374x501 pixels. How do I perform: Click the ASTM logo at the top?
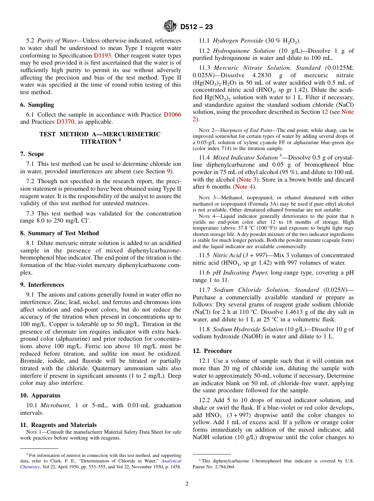tap(170, 26)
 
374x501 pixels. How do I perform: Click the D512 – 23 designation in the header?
tap(196, 27)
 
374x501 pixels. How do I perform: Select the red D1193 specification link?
tap(102, 56)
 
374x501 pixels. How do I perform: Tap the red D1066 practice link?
tap(172, 115)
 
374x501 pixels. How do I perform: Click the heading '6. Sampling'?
tap(37, 105)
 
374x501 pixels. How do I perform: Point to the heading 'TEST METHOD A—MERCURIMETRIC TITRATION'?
tap(100, 138)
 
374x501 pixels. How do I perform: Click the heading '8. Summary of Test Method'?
tap(59, 233)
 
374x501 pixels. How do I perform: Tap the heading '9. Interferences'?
tap(42, 285)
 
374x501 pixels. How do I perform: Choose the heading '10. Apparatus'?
tap(40, 395)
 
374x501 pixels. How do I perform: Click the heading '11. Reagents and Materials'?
tap(58, 425)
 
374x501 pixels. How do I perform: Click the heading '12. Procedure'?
tap(212, 351)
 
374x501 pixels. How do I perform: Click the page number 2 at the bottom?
tap(187, 484)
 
